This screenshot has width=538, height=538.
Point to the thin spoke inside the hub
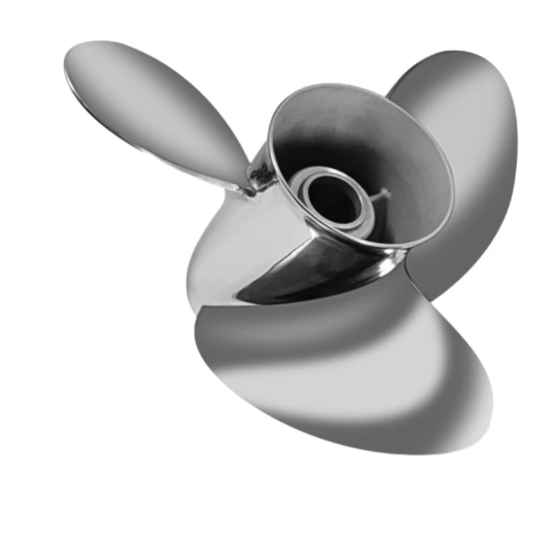coord(381,196)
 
